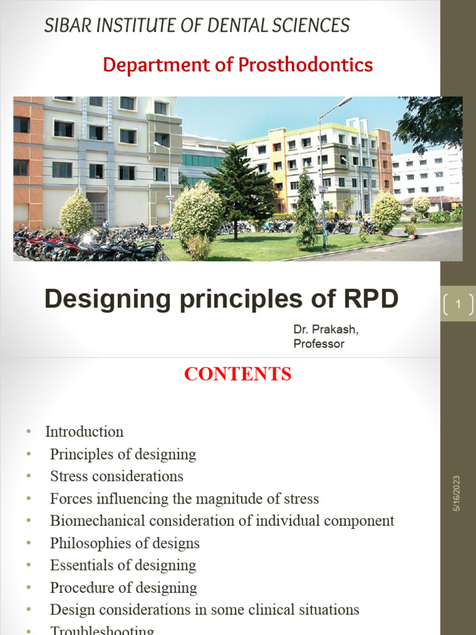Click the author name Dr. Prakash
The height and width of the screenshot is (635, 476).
tap(325, 329)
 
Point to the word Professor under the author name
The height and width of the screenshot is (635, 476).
tap(319, 344)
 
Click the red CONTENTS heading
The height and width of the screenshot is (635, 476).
tap(238, 374)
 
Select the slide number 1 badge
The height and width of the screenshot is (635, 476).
tap(458, 304)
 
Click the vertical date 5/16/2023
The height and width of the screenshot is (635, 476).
tap(457, 494)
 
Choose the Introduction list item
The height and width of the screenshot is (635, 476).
tap(84, 432)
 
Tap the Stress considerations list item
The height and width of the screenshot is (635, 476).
tap(117, 476)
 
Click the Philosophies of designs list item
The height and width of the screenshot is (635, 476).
tap(125, 543)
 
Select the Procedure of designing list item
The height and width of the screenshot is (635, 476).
tap(123, 588)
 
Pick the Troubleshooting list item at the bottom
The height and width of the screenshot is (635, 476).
tap(102, 630)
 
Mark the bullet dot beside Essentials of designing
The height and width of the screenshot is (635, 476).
tap(28, 566)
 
